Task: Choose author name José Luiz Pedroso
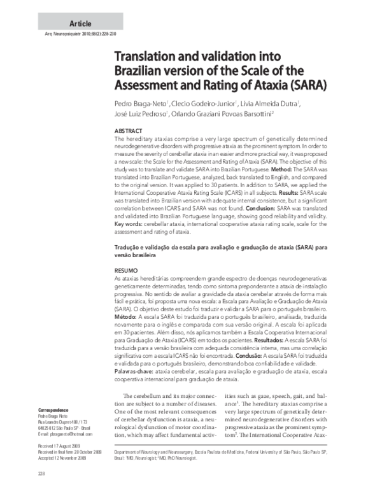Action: pos(139,115)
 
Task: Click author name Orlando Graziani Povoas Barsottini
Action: pos(232,115)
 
